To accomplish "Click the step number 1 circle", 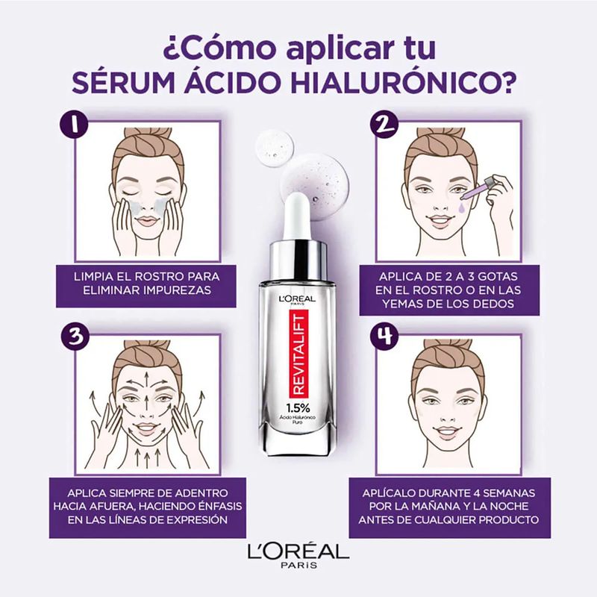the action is pos(75,124).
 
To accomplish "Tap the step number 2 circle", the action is pos(384,124).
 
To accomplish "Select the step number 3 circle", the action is pos(75,337).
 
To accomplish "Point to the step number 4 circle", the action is pos(384,337).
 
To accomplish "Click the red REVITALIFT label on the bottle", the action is pos(298,354).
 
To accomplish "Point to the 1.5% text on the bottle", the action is pos(298,408).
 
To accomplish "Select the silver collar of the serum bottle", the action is pos(298,260).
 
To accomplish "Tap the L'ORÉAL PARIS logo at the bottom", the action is pos(298,555).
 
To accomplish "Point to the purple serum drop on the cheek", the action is pos(462,207).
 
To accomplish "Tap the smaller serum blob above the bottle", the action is pos(275,148).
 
